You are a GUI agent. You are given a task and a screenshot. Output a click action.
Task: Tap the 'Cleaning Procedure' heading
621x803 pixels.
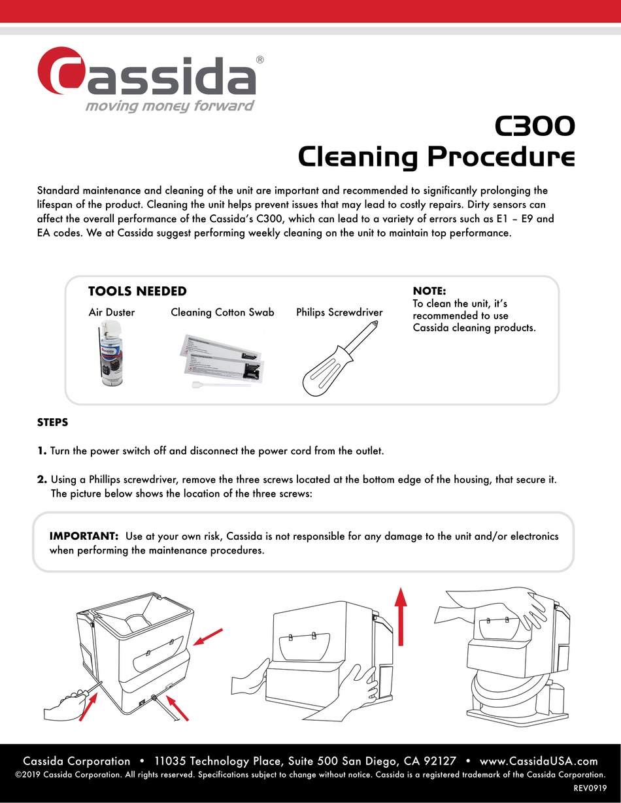(437, 157)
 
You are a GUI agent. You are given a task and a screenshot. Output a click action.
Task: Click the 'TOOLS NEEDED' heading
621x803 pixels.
(137, 291)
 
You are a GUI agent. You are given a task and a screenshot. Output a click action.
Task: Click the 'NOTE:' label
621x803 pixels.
(429, 291)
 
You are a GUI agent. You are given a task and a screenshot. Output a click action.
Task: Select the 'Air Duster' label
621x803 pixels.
(112, 312)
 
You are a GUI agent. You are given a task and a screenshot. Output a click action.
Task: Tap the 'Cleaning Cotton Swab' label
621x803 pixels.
(222, 312)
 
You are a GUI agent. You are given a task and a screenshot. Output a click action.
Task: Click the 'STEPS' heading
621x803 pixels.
(52, 423)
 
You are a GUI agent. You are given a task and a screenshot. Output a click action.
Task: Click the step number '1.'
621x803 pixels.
(42, 451)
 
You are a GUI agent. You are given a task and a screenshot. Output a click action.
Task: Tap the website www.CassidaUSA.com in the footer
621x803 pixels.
(539, 761)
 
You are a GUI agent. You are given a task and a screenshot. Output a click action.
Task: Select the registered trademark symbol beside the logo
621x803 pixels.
(260, 59)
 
